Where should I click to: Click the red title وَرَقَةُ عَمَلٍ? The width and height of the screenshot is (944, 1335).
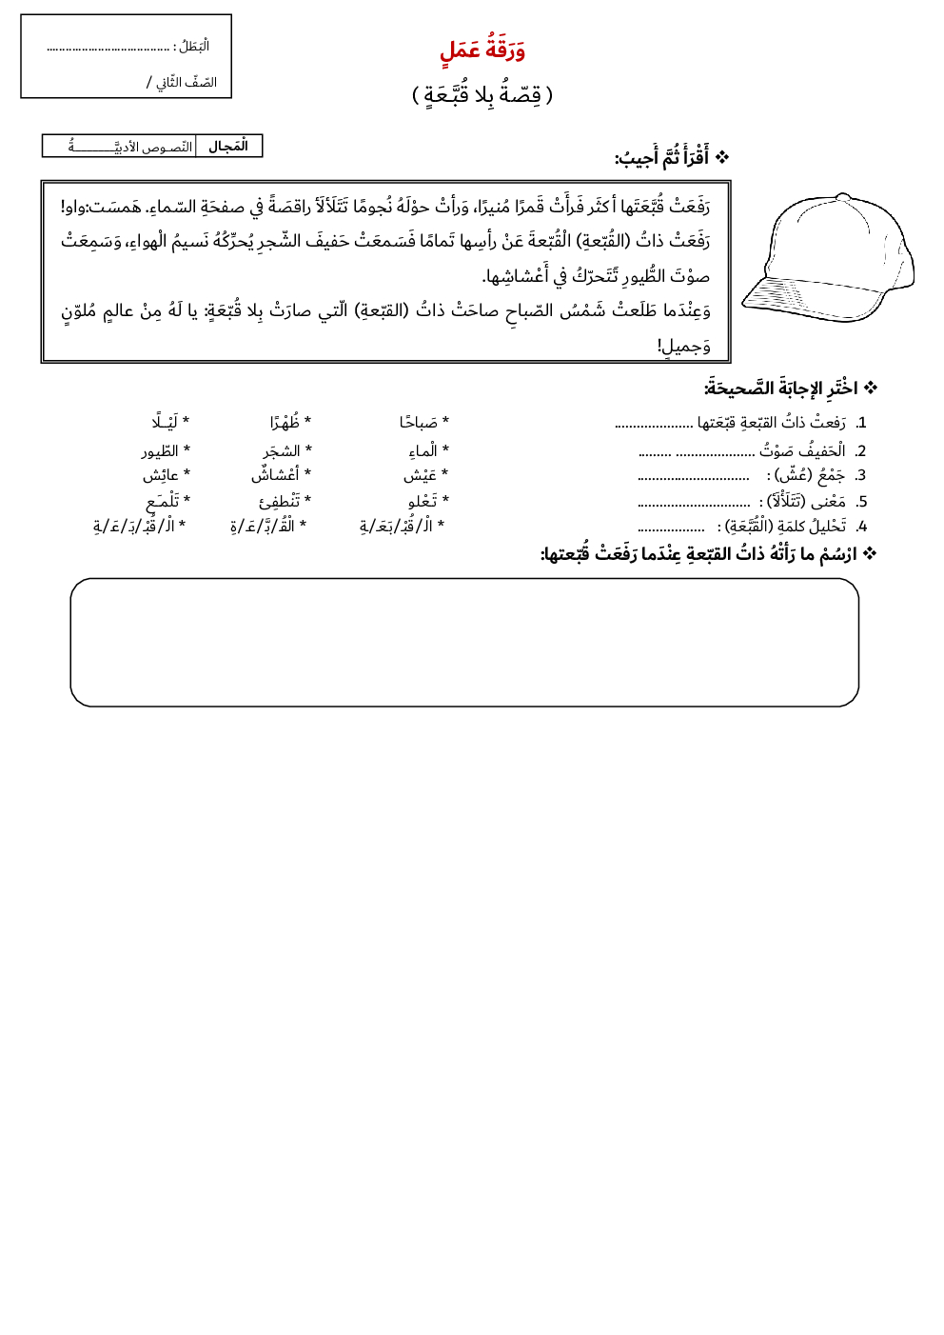click(482, 50)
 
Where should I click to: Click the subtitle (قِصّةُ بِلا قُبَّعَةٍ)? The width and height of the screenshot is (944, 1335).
click(482, 94)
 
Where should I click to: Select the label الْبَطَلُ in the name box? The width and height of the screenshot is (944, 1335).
click(193, 47)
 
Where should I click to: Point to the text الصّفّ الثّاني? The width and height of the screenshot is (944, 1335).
click(185, 83)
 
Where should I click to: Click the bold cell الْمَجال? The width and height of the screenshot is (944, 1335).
click(228, 147)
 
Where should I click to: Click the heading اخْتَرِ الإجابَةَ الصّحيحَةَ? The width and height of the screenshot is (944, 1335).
click(781, 389)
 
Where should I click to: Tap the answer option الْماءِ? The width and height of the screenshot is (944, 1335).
click(423, 451)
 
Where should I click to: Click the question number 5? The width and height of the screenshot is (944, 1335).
click(861, 502)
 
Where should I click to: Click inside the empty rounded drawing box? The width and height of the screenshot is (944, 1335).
click(464, 643)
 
